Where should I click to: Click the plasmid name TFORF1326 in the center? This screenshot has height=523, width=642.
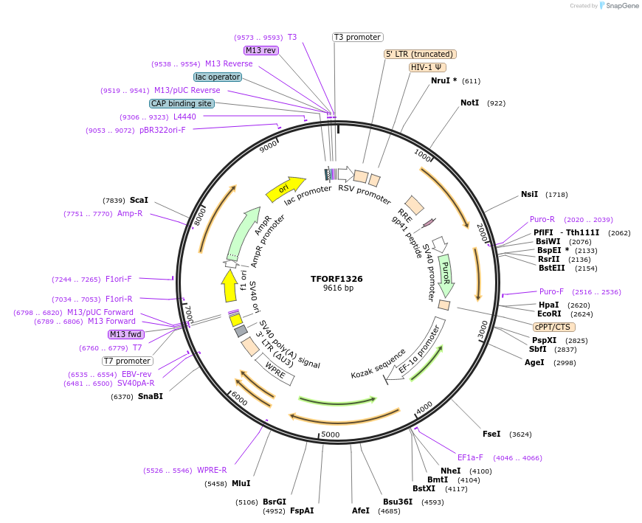click(336, 279)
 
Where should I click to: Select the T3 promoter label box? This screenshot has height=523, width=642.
click(357, 37)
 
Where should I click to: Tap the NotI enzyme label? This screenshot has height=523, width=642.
click(469, 103)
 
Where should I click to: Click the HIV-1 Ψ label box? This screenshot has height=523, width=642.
click(428, 67)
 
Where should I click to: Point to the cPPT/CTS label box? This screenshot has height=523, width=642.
click(553, 327)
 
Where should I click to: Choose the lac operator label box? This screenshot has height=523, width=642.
click(218, 77)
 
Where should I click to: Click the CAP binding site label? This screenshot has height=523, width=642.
click(182, 104)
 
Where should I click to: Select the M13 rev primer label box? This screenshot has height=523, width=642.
click(261, 50)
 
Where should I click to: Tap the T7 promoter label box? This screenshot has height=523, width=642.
click(127, 361)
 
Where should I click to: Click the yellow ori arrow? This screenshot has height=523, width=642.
click(285, 189)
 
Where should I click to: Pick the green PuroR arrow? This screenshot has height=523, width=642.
click(446, 274)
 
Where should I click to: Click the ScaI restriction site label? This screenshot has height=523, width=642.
click(139, 200)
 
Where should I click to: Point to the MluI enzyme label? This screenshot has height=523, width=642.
click(241, 483)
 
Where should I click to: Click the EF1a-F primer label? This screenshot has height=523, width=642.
click(470, 457)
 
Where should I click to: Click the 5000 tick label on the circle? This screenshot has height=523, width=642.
click(330, 434)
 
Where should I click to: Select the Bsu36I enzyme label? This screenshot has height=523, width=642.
click(397, 502)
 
